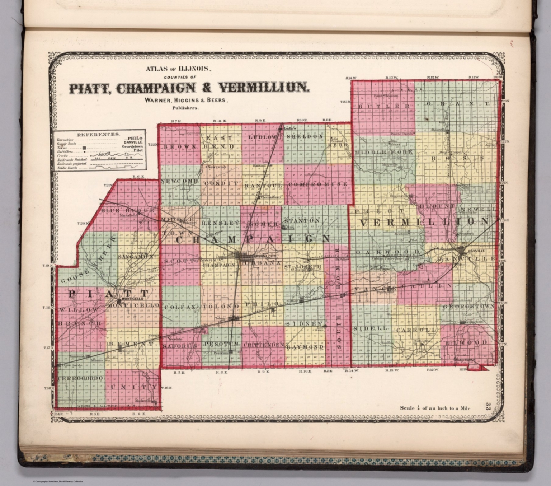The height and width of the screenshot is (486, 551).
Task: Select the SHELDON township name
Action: pyautogui.click(x=305, y=137)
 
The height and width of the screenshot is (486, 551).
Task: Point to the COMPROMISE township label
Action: pyautogui.click(x=318, y=184)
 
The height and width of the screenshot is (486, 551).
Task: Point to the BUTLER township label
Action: pyautogui.click(x=383, y=106)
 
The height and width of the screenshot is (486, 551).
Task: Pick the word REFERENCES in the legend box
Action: pyautogui.click(x=98, y=134)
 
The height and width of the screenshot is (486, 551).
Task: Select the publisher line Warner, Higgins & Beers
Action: pyautogui.click(x=186, y=100)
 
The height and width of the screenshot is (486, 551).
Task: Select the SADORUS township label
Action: pyautogui.click(x=179, y=346)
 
